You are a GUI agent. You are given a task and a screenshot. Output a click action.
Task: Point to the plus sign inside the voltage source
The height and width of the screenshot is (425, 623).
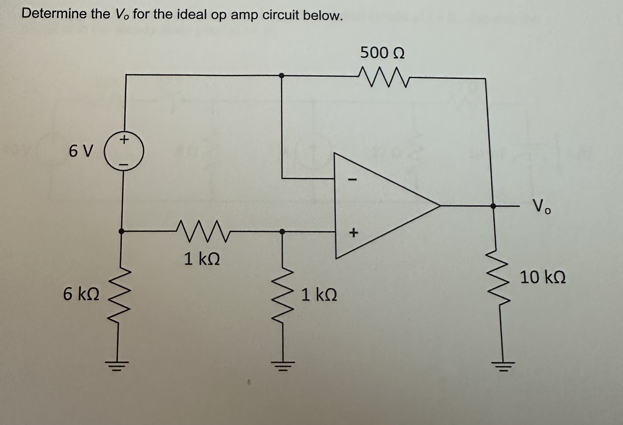tap(124, 140)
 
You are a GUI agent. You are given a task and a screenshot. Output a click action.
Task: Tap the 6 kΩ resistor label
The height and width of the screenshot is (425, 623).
tap(81, 294)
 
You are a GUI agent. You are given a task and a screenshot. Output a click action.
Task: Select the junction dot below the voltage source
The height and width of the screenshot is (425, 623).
tap(121, 231)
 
